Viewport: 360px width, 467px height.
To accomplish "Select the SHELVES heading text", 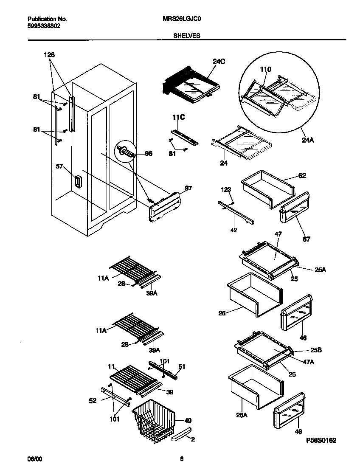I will pyautogui.click(x=187, y=36).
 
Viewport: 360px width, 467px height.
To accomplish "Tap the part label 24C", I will pyautogui.click(x=219, y=62).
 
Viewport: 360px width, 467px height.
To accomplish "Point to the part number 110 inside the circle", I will pyautogui.click(x=265, y=69).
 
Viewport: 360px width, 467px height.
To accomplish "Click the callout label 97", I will pyautogui.click(x=188, y=188).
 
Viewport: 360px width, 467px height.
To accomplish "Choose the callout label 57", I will pyautogui.click(x=59, y=167).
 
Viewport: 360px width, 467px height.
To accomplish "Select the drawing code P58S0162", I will pyautogui.click(x=321, y=441).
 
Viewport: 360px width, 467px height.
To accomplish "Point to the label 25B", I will pyautogui.click(x=316, y=351).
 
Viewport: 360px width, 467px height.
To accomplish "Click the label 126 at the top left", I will pyautogui.click(x=49, y=55).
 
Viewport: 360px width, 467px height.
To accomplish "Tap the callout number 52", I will pyautogui.click(x=93, y=400).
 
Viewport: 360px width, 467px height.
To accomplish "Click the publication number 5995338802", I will pyautogui.click(x=44, y=25).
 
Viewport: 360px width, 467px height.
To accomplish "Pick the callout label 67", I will pyautogui.click(x=306, y=239).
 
